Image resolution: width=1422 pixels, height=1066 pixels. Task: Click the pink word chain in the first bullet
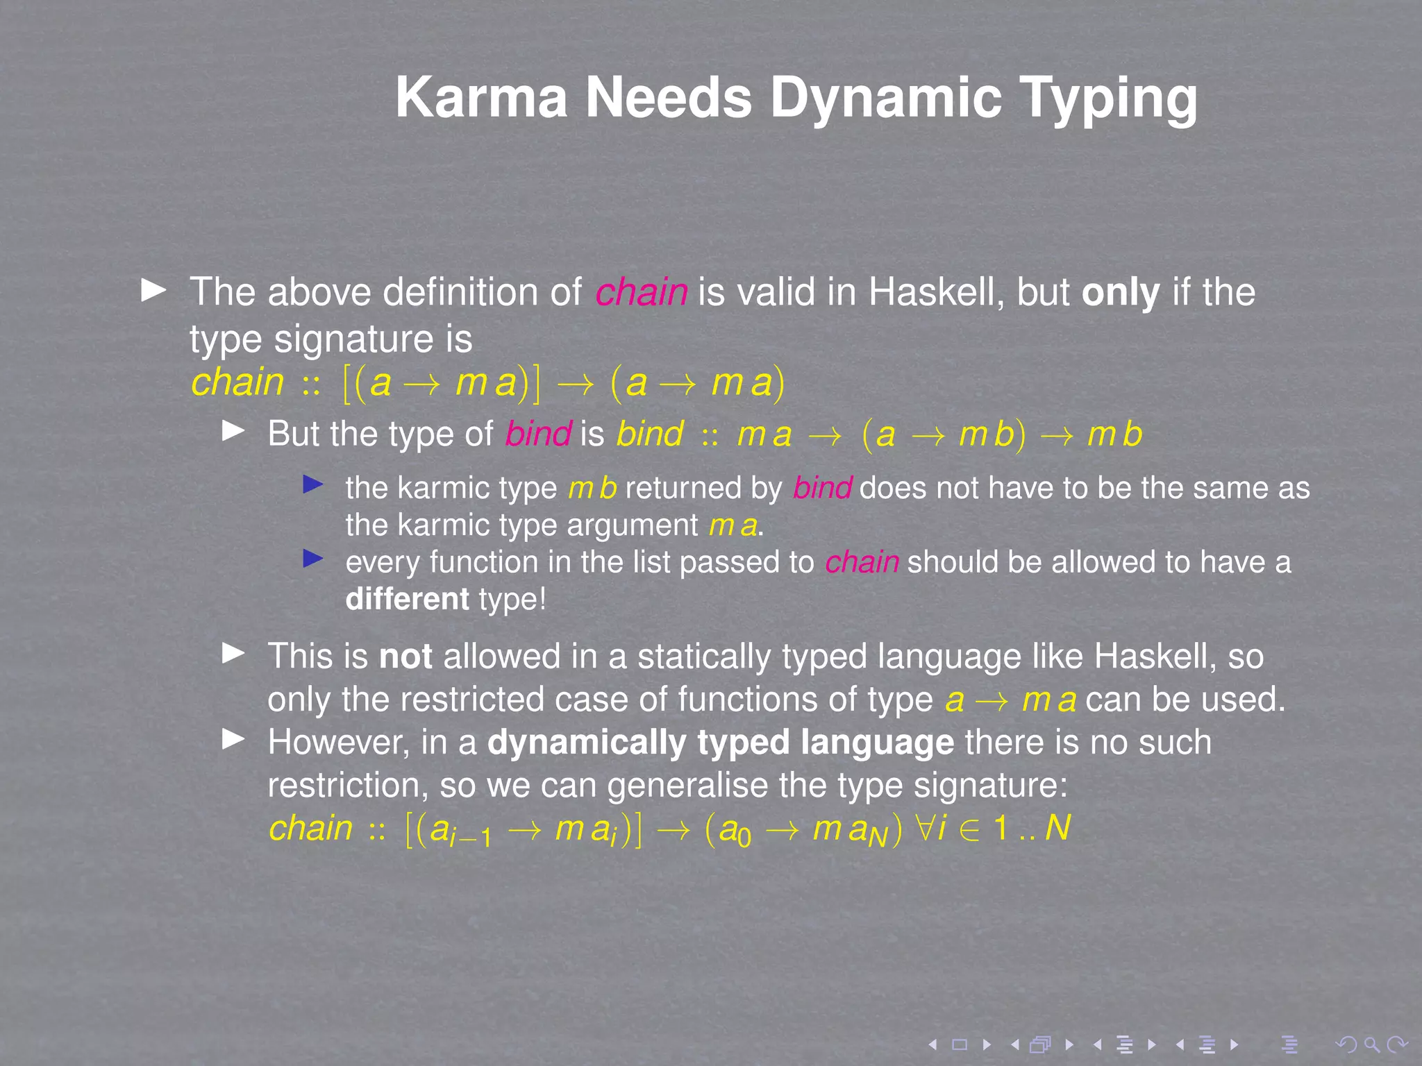(x=641, y=292)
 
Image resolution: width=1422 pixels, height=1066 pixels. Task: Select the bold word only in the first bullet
(x=1120, y=292)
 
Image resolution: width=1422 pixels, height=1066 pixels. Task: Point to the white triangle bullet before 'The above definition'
(x=153, y=290)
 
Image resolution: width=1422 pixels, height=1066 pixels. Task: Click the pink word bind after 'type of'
(x=538, y=434)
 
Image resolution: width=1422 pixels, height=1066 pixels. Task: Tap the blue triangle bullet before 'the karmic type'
(x=313, y=484)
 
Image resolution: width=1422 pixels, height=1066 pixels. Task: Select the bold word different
(x=408, y=599)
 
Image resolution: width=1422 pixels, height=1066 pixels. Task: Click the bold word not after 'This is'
(x=405, y=657)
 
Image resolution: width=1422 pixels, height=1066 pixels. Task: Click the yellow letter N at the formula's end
(x=1057, y=827)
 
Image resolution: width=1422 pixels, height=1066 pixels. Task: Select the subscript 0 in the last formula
(x=744, y=838)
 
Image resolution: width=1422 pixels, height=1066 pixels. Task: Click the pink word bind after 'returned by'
(x=822, y=488)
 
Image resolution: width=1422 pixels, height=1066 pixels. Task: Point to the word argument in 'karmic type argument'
(x=632, y=525)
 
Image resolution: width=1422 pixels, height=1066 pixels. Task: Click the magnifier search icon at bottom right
(x=1371, y=1044)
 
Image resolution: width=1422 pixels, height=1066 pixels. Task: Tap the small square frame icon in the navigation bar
(x=960, y=1044)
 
